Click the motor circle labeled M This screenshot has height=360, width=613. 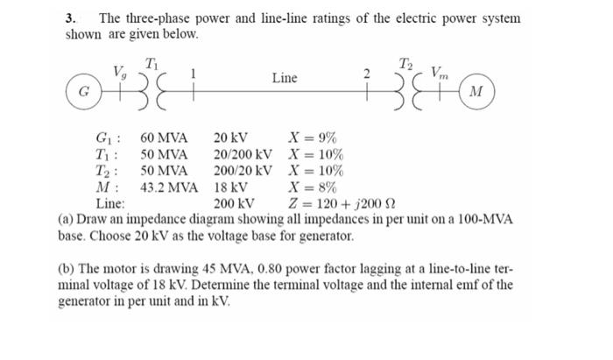coord(477,91)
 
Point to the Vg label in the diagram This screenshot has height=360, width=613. coord(119,71)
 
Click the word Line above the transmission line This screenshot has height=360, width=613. coord(284,78)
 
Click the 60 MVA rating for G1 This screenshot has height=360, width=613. coord(164,138)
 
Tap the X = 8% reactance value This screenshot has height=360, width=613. coord(314,186)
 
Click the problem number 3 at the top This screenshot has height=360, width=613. coord(71,18)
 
